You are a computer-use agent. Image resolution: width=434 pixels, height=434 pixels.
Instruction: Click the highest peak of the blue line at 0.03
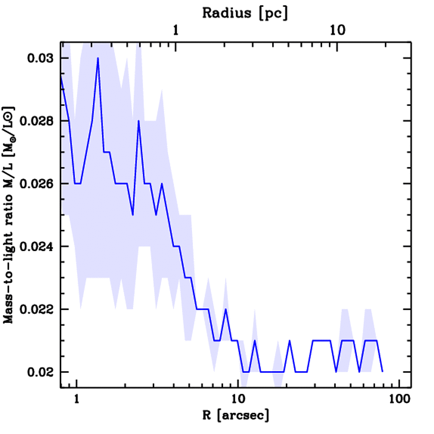(x=98, y=58)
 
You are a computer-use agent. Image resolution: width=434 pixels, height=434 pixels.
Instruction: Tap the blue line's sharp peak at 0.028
(x=138, y=121)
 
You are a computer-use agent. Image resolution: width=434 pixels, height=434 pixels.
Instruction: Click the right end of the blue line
(x=382, y=371)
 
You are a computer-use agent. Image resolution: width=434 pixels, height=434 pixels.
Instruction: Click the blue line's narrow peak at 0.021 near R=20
(x=289, y=340)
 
